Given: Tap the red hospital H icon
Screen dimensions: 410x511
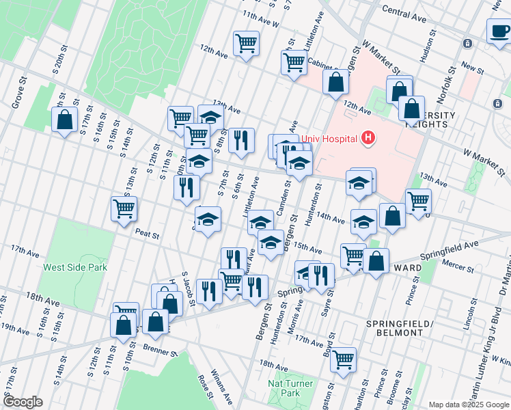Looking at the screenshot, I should pyautogui.click(x=368, y=139).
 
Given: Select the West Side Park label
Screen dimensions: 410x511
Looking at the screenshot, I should pyautogui.click(x=75, y=267).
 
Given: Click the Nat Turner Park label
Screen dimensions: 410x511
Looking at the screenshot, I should pyautogui.click(x=291, y=388).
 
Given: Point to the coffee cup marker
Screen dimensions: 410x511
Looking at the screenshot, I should pyautogui.click(x=499, y=31).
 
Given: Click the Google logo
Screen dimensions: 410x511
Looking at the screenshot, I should pyautogui.click(x=22, y=402).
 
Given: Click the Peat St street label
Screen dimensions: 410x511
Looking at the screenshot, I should pyautogui.click(x=147, y=234).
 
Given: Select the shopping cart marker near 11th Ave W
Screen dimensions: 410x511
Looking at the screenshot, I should pyautogui.click(x=246, y=43).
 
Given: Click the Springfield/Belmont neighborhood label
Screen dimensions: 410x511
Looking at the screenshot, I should pyautogui.click(x=394, y=327).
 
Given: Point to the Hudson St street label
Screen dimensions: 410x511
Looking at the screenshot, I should pyautogui.click(x=428, y=50).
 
